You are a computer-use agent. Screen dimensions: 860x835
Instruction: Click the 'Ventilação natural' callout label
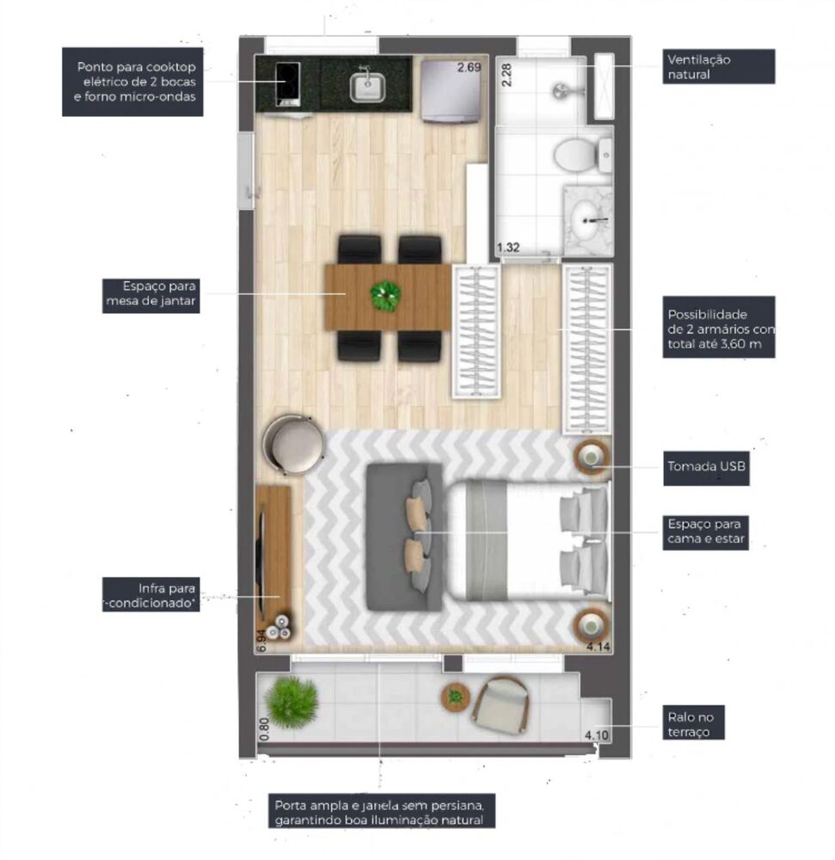[x=720, y=66]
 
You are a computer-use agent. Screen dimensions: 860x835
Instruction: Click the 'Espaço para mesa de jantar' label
[x=150, y=294]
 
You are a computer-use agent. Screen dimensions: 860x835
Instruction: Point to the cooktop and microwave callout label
[x=136, y=82]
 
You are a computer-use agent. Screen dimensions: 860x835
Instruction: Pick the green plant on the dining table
[x=385, y=296]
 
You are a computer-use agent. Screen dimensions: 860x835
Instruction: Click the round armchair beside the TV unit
[x=295, y=444]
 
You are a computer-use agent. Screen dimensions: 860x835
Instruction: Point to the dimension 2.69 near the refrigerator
[x=469, y=67]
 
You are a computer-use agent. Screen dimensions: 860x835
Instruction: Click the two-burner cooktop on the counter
[x=287, y=83]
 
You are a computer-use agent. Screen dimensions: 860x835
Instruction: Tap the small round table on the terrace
[x=456, y=697]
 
